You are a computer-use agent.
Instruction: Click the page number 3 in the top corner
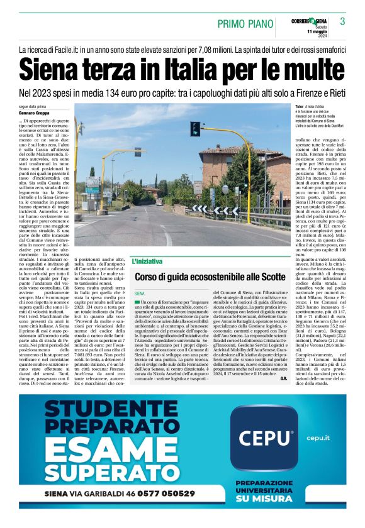pos(342,22)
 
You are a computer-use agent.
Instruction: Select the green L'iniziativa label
pos(147,260)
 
